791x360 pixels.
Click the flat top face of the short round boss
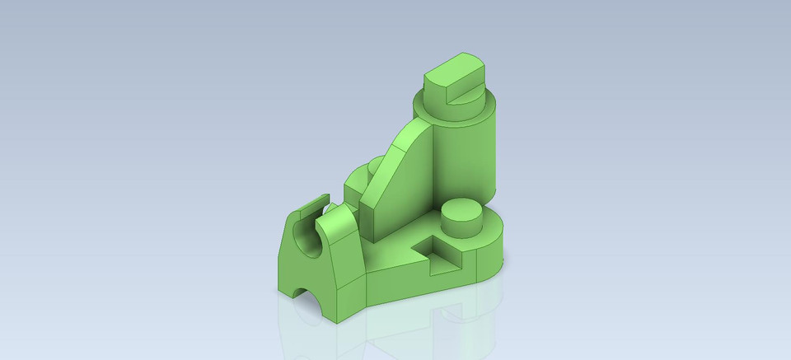(x=461, y=208)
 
